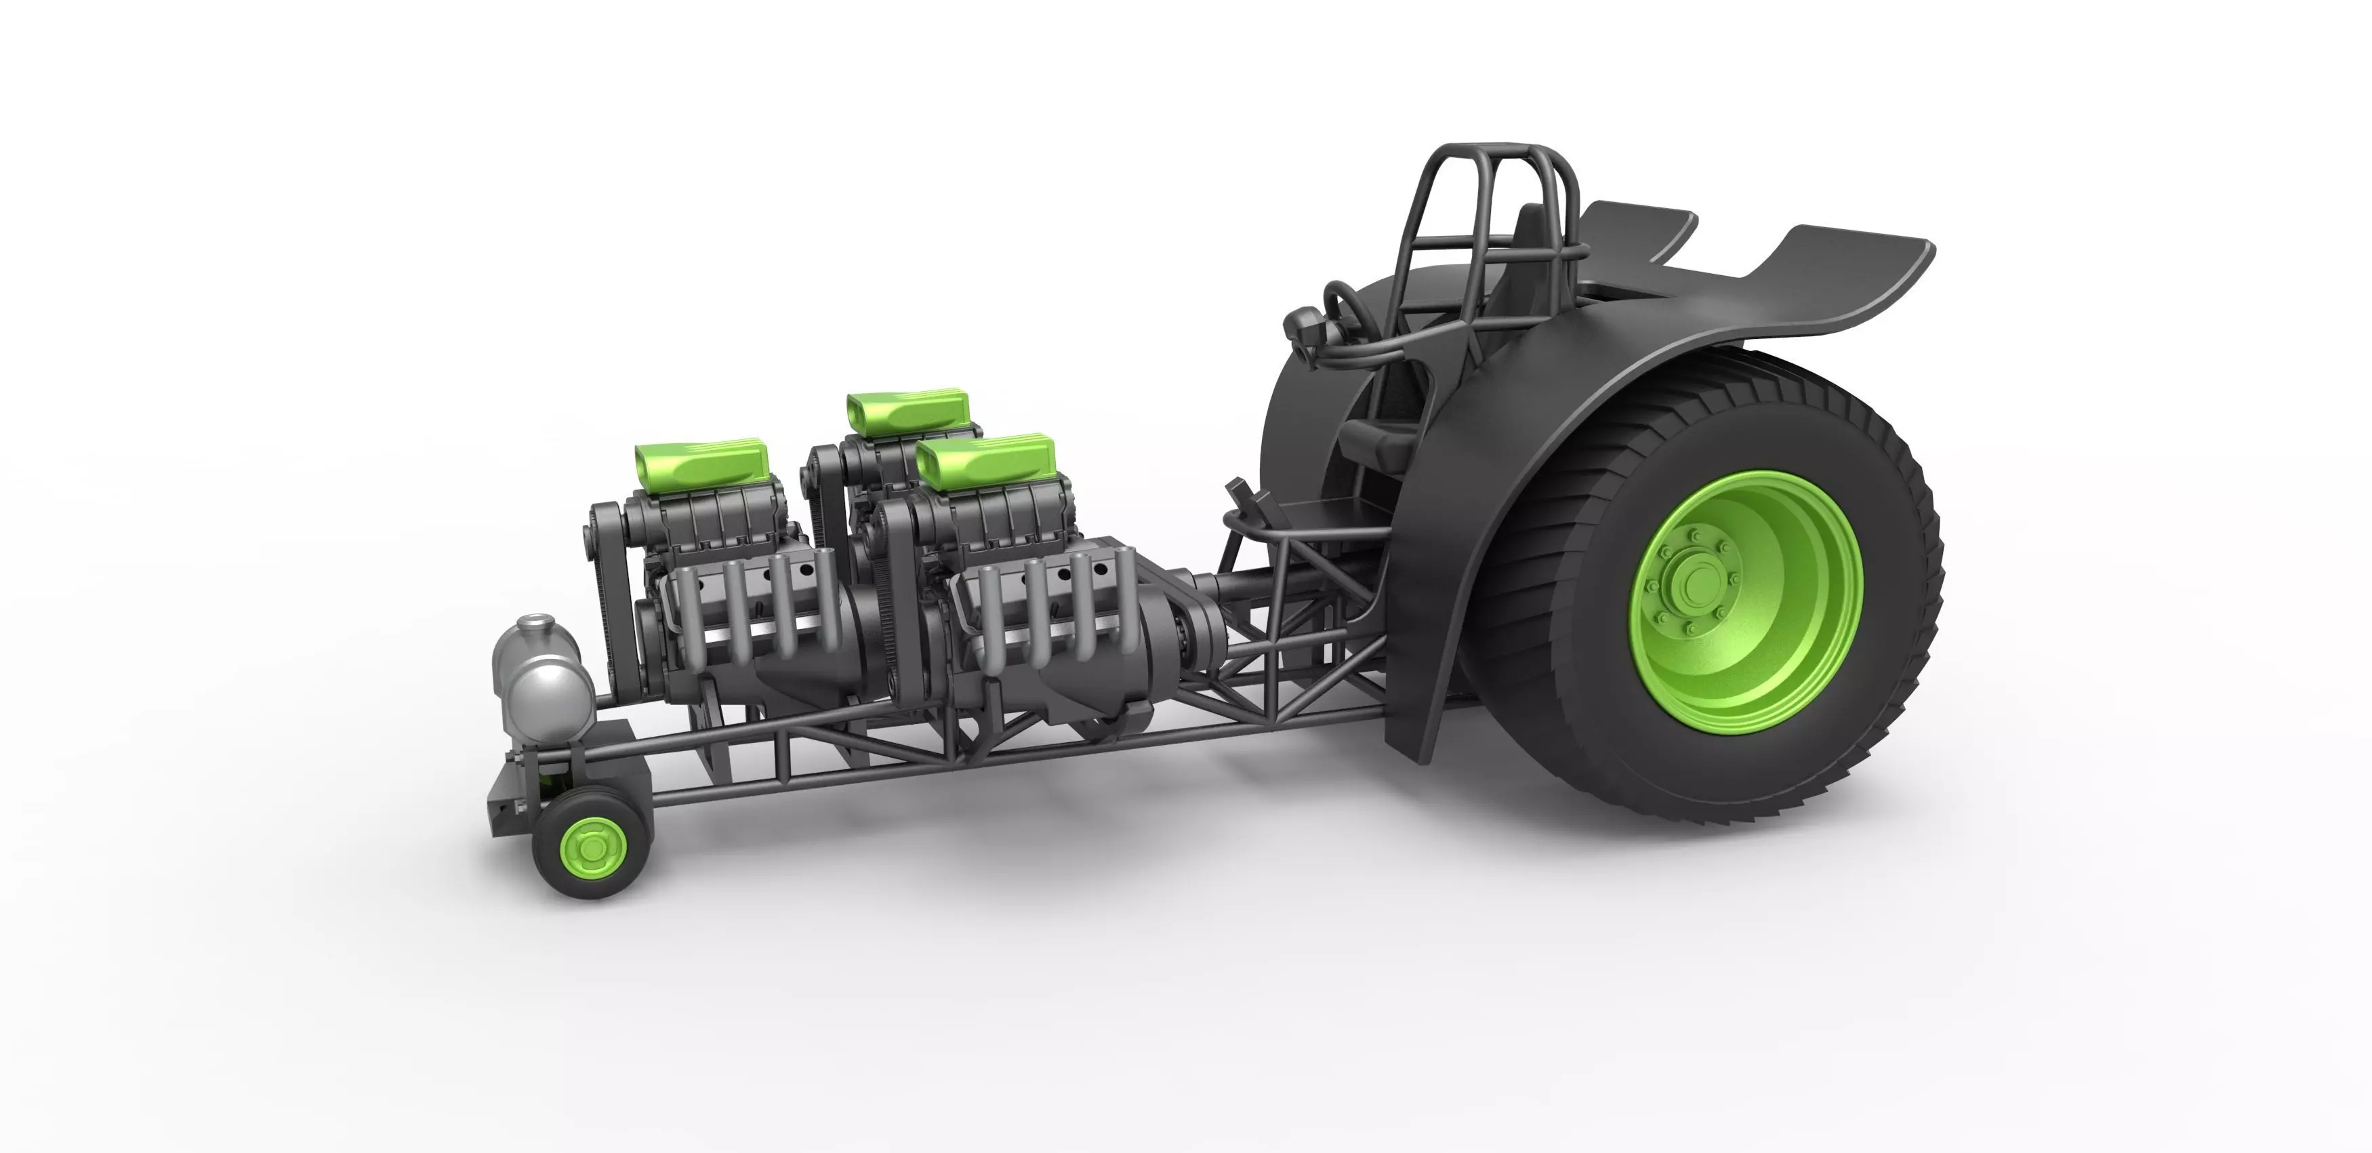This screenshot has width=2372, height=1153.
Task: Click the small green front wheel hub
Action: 586,844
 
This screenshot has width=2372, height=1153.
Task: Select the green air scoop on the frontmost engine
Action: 700,465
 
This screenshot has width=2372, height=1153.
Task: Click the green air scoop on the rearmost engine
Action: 907,410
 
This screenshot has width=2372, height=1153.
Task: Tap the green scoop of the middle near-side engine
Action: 985,460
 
